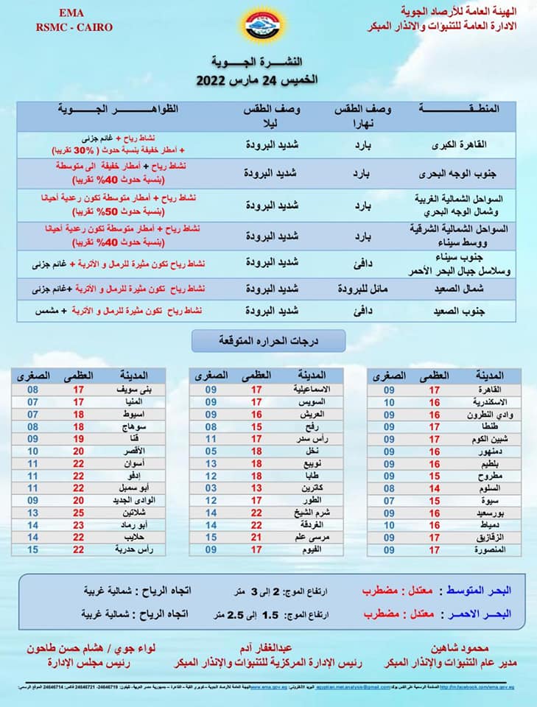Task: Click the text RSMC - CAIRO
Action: click(63, 27)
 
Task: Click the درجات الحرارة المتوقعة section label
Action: click(267, 341)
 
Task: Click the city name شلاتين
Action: click(136, 512)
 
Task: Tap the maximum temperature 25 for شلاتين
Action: click(78, 512)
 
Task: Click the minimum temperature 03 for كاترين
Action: click(211, 488)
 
